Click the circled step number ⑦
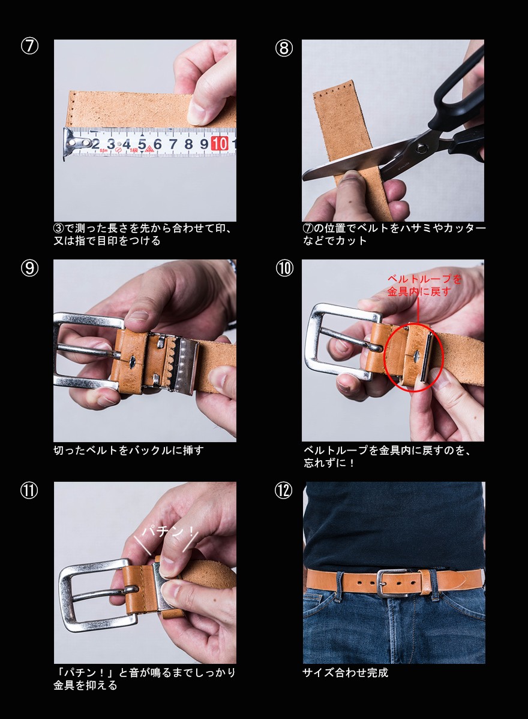(x=29, y=46)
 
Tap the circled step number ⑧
(x=284, y=48)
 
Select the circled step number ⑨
(x=29, y=268)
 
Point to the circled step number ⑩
(x=284, y=268)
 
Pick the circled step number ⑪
(x=29, y=491)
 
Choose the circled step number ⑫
(x=283, y=491)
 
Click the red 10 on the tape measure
(x=220, y=143)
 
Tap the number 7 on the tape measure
(x=173, y=144)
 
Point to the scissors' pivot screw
(x=421, y=149)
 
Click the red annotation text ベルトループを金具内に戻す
(x=424, y=285)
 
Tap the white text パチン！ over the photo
(x=168, y=532)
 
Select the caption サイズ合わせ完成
(x=346, y=672)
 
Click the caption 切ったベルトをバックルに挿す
(x=128, y=451)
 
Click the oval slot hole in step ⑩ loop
(x=416, y=355)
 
